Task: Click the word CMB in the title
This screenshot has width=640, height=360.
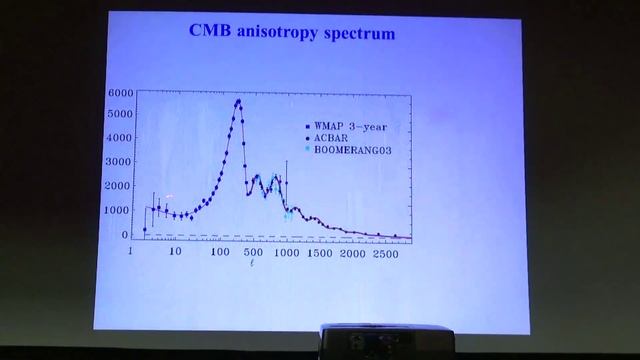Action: [x=212, y=32]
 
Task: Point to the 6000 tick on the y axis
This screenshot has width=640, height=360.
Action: [x=119, y=92]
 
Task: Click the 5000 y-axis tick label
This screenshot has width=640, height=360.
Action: [x=119, y=115]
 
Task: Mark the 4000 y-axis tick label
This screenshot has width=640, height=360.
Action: [x=119, y=139]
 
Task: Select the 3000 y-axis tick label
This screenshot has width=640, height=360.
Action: [x=119, y=163]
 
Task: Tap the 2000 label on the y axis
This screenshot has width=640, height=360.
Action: [x=119, y=187]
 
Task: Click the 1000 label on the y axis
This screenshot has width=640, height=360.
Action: [x=119, y=211]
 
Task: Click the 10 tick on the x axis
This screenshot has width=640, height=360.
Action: [x=175, y=254]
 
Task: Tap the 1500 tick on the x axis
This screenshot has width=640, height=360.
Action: [x=319, y=254]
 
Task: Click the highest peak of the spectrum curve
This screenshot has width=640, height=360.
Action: [x=238, y=100]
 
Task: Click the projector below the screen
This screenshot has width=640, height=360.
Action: [x=384, y=341]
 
